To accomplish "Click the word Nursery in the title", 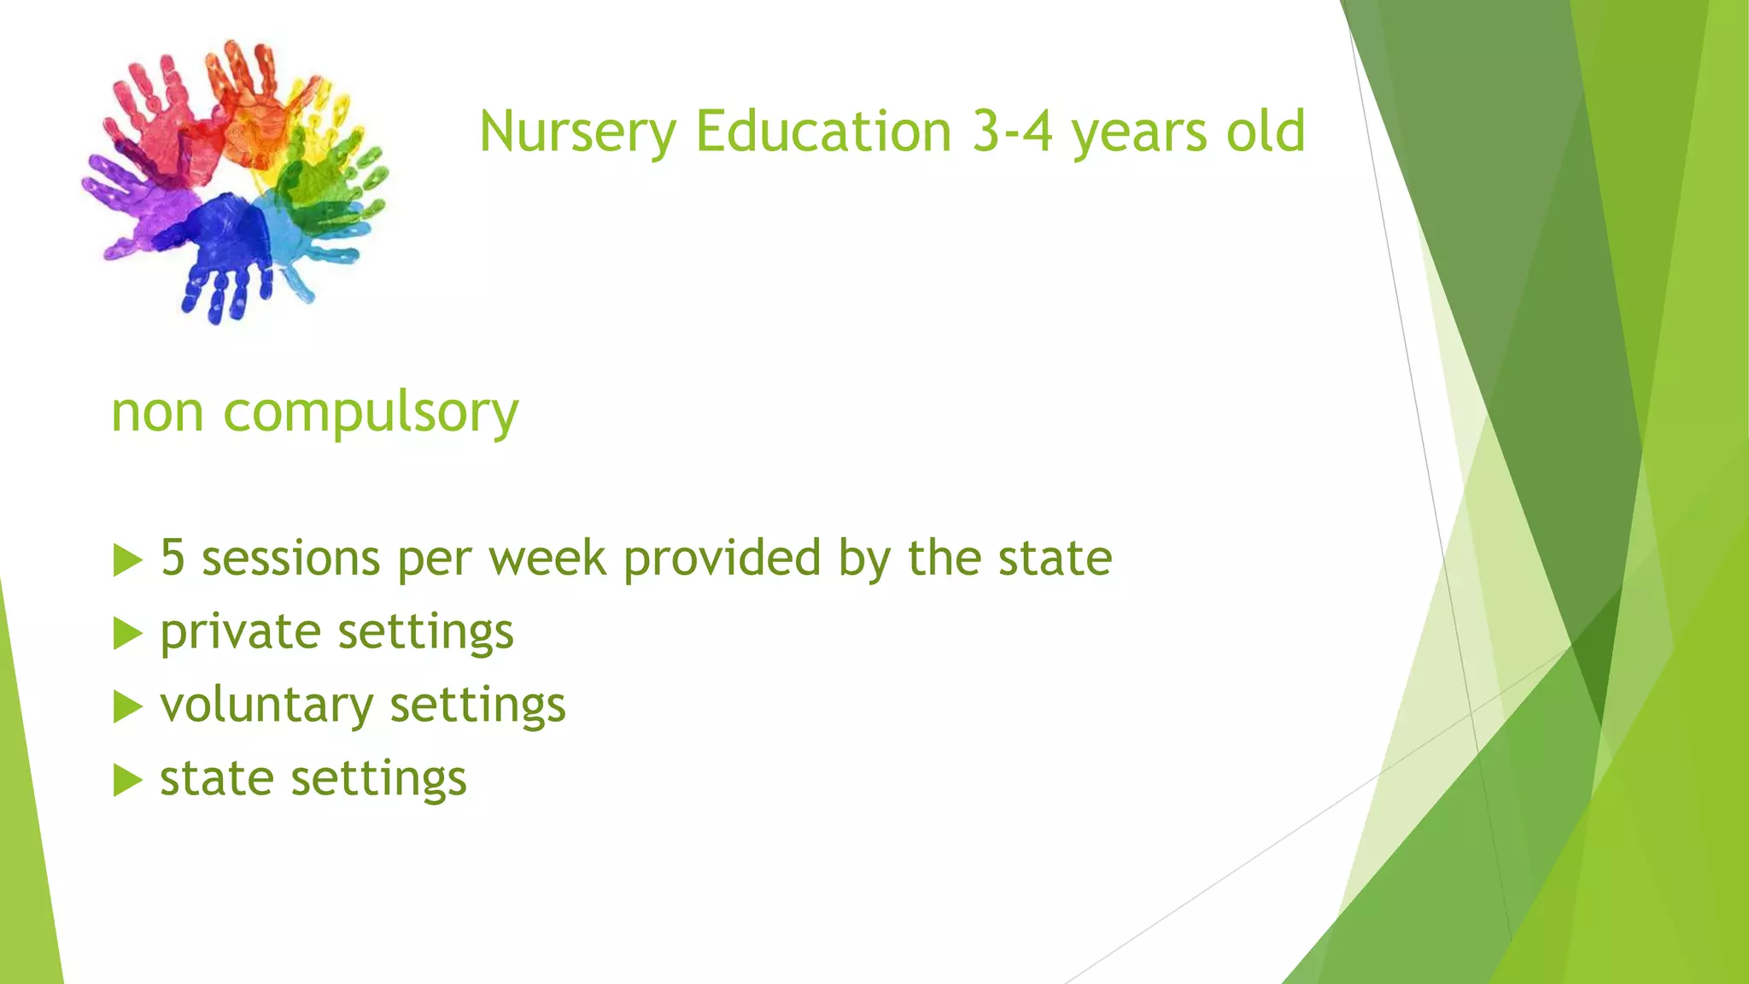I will pyautogui.click(x=578, y=132).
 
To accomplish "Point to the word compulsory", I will pyautogui.click(x=371, y=413).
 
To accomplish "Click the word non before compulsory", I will pyautogui.click(x=157, y=413).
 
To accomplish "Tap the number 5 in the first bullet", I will pyautogui.click(x=173, y=558).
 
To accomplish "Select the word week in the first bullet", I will pyautogui.click(x=547, y=558).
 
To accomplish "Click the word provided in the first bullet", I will pyautogui.click(x=722, y=558).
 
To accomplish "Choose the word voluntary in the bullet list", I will pyautogui.click(x=266, y=706).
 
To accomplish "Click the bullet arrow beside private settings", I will pyautogui.click(x=127, y=634).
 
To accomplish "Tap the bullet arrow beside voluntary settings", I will pyautogui.click(x=127, y=707).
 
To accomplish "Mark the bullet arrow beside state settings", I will pyautogui.click(x=127, y=781).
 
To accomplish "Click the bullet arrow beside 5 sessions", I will pyautogui.click(x=127, y=560).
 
